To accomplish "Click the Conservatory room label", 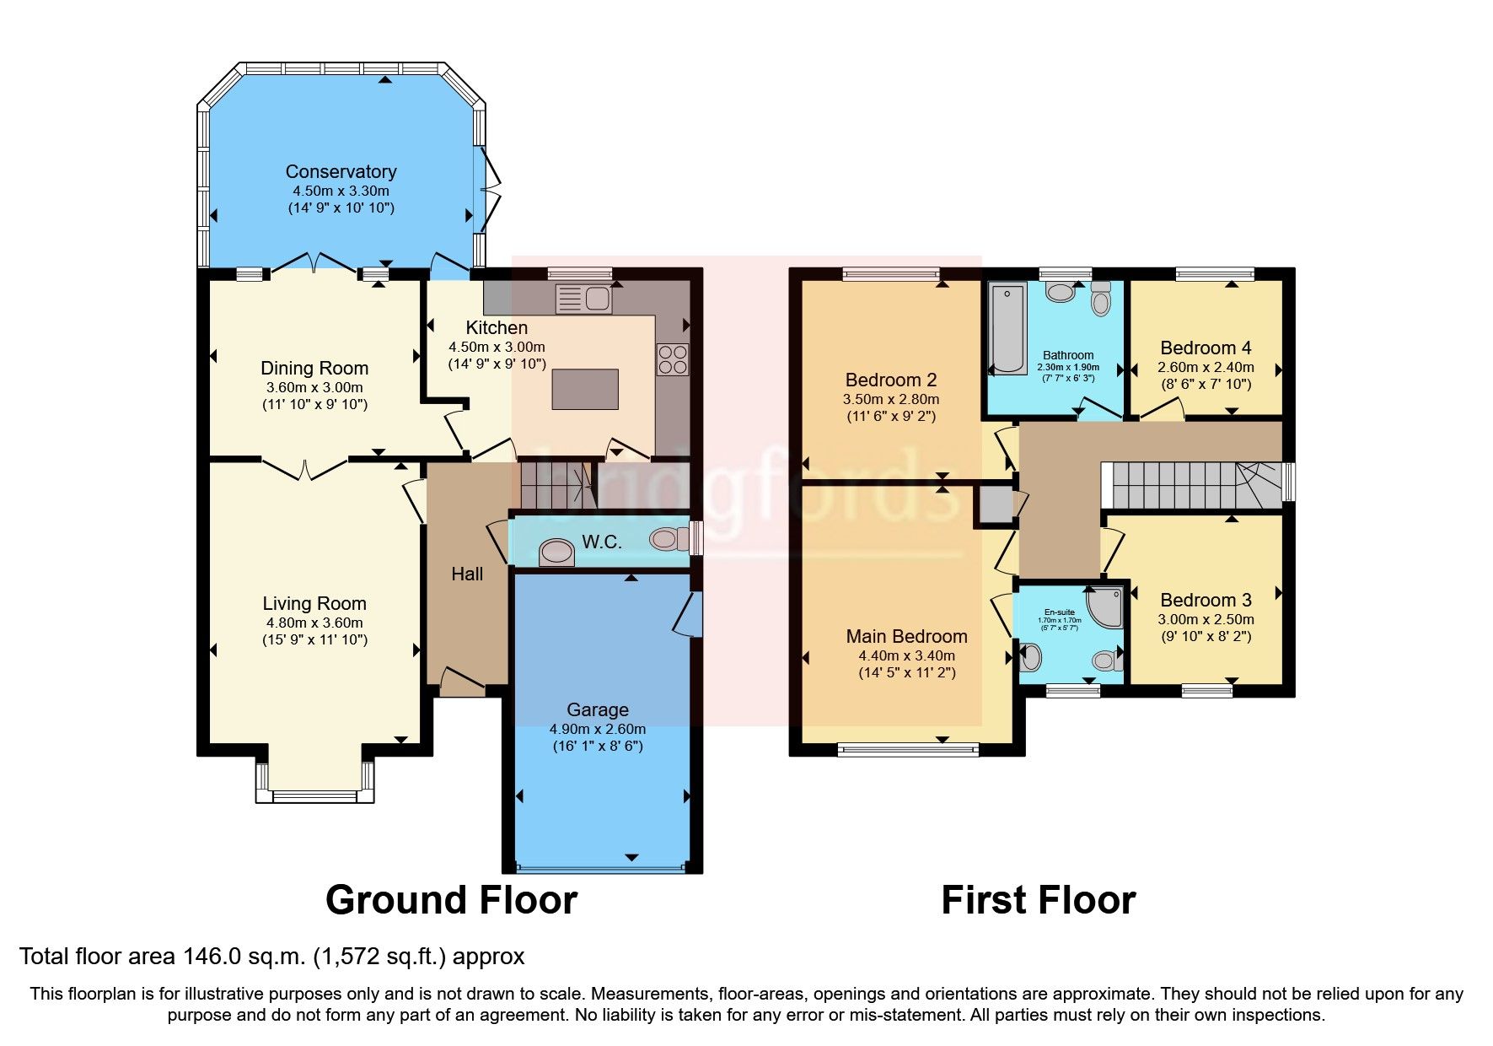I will coord(341,171).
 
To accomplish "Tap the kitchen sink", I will coord(584,298).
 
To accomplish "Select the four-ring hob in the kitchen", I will coord(672,360).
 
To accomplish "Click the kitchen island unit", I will coord(585,390).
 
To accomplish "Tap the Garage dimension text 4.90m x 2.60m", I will coord(597,729).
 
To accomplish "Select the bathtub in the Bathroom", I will coord(1007,329).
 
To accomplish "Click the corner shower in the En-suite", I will coord(1107,607).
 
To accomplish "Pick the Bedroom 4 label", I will coord(1206,348).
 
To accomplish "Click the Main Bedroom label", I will coord(906,636).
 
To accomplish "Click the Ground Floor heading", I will coord(451,900).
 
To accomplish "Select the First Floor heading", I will coord(1038,900).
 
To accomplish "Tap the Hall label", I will coord(467,574).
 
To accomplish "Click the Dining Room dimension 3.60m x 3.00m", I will coord(314,387).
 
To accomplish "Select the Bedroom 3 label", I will coord(1206,600).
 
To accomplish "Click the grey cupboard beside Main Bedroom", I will coord(995,504).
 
